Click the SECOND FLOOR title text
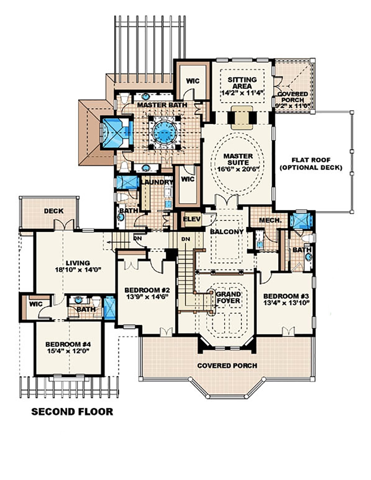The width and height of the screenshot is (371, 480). tap(72, 411)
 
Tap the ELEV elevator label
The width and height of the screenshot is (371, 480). tap(192, 219)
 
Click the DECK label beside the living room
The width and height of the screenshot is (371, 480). tap(53, 211)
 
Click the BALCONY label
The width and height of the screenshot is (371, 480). tap(226, 231)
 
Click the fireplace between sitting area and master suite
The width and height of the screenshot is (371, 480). tap(242, 117)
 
